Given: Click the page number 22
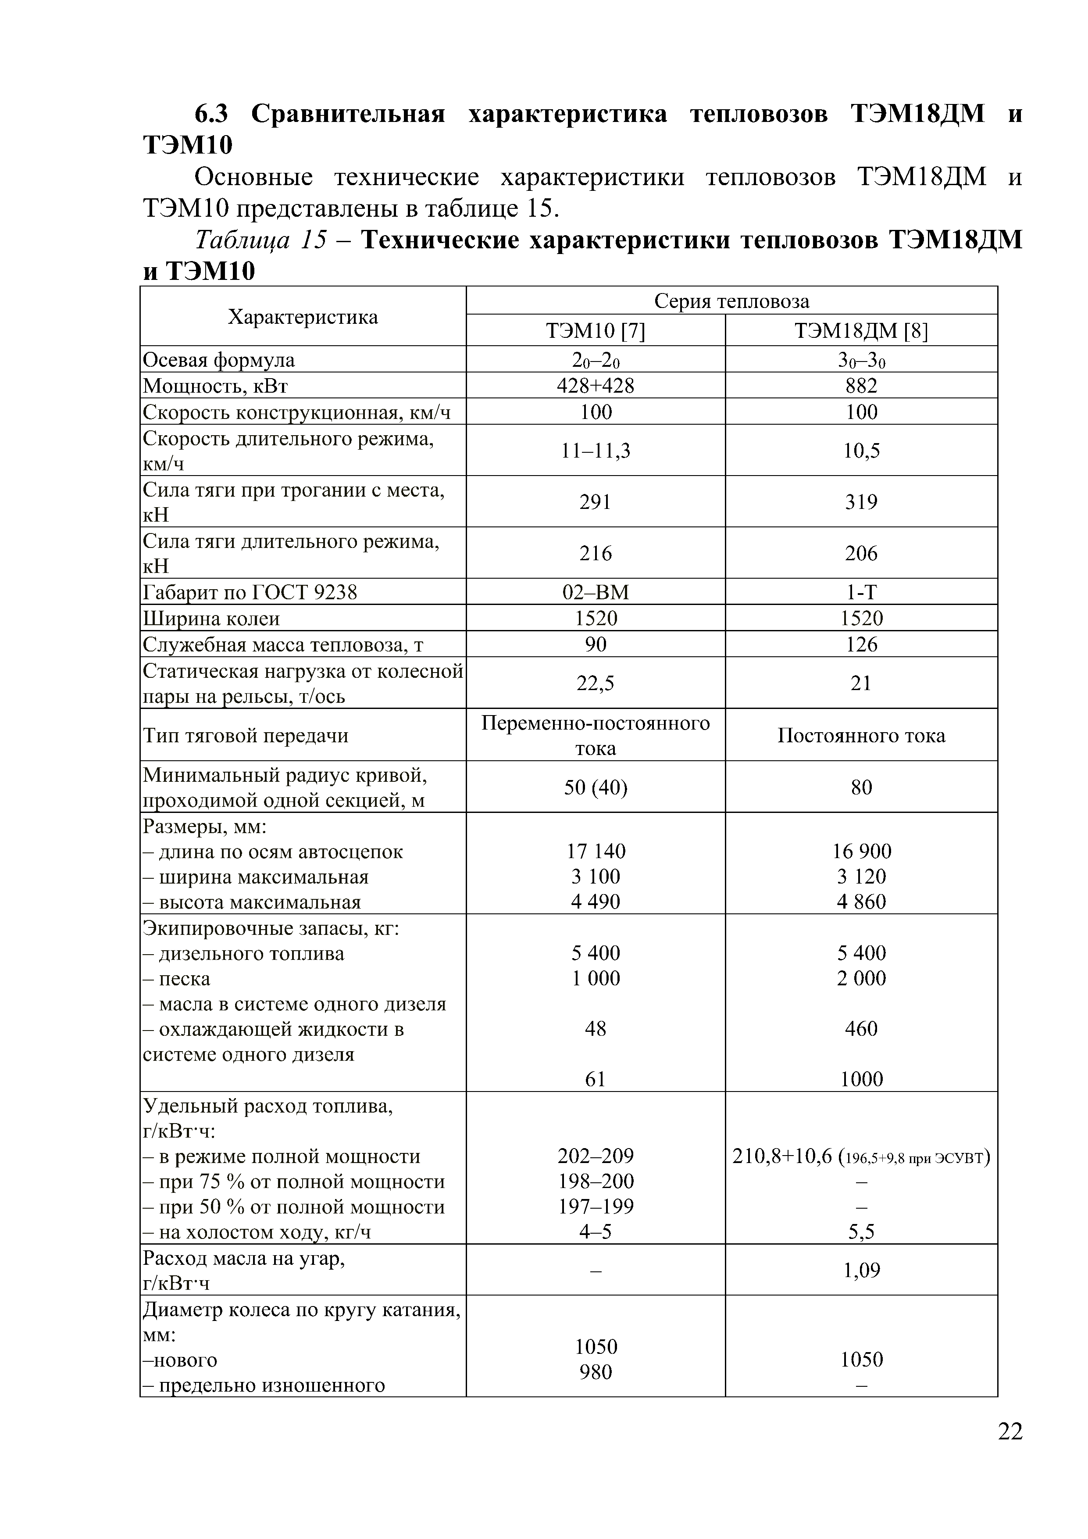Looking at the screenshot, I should (x=1010, y=1450).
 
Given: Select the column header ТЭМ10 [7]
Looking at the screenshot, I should (x=595, y=331).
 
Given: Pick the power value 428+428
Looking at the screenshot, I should (x=595, y=386).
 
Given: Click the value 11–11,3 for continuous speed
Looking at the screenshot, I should (x=595, y=451).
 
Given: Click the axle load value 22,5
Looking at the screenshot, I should (x=595, y=683).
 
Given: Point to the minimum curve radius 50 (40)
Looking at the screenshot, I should (x=595, y=787).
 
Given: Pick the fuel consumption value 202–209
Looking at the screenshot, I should (x=595, y=1156).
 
